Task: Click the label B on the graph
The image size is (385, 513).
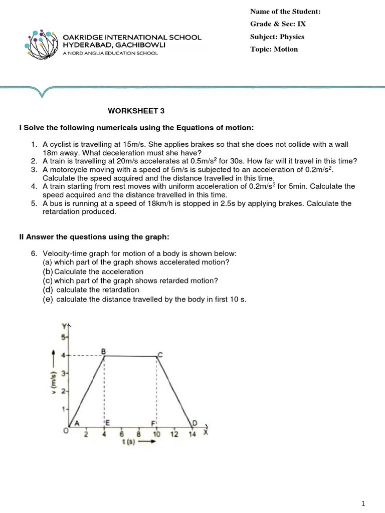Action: [104, 351]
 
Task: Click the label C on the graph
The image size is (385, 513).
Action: [160, 355]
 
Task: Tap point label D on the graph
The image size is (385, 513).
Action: [195, 423]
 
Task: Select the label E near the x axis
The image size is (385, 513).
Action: [108, 423]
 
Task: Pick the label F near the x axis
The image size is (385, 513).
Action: [153, 423]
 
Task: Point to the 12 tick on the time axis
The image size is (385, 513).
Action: [174, 434]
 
